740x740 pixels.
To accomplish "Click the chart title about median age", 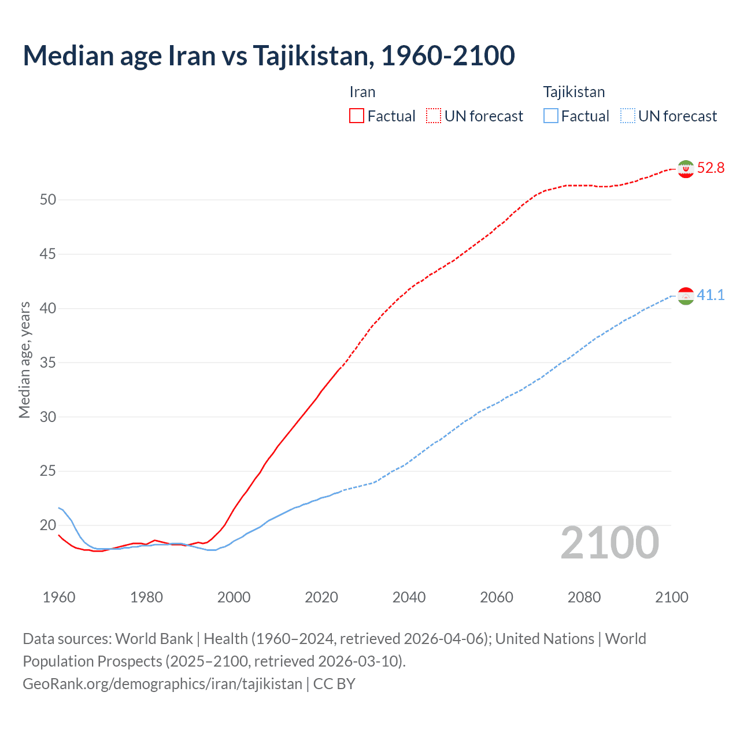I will [269, 55].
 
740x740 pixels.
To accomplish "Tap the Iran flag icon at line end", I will [686, 168].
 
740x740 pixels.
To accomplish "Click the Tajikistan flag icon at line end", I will [686, 295].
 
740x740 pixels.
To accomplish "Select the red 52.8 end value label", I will [711, 168].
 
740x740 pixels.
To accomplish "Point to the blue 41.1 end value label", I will [711, 295].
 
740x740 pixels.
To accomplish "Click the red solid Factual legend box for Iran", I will [357, 116].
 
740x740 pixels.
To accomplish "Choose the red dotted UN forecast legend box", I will [434, 116].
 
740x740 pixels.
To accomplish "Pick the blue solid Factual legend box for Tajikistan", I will [551, 116].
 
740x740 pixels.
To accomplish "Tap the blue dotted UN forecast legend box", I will [628, 116].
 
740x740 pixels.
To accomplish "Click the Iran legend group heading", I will [362, 92].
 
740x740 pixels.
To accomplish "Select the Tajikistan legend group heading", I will [574, 92].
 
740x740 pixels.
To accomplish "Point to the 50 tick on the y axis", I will [48, 200].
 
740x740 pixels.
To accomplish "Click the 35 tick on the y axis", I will [48, 363].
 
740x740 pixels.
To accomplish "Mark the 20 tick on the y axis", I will [48, 526].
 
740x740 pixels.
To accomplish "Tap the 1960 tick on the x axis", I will [59, 597].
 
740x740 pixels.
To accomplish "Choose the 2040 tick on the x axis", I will [409, 597].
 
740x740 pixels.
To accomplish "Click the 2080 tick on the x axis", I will [584, 597].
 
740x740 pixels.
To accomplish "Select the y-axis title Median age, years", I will [24, 360].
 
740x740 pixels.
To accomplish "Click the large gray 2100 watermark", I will [610, 543].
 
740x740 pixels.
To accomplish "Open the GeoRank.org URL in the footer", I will [162, 684].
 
